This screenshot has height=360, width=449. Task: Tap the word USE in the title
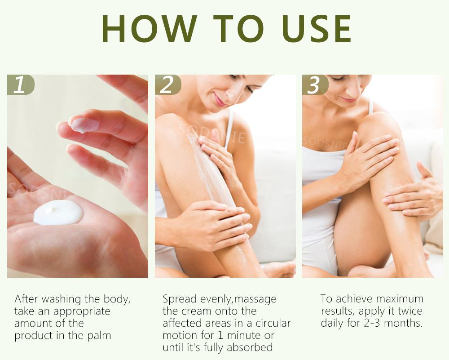317,28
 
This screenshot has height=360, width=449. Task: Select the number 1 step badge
21,84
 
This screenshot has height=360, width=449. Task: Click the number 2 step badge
168,84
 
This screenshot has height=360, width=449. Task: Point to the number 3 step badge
315,84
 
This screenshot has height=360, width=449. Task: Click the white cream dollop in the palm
58,213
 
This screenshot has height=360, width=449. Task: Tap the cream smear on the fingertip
83,125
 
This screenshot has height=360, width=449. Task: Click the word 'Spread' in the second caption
180,299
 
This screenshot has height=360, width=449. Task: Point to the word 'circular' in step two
273,323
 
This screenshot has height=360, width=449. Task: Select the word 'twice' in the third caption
410,311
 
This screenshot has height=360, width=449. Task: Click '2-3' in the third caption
372,323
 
